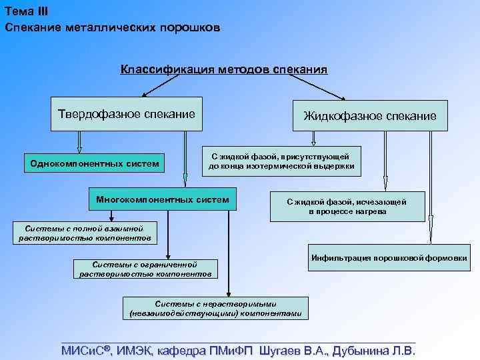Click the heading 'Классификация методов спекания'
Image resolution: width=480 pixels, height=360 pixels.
tap(224, 69)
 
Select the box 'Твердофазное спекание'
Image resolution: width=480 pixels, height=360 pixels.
tap(127, 114)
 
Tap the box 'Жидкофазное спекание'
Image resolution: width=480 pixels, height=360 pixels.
tap(370, 115)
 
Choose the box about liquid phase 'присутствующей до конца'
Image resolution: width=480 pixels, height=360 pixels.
tap(281, 161)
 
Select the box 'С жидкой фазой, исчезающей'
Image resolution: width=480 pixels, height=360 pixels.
tap(347, 206)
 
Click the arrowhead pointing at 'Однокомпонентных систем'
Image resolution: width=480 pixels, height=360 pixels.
tap(80, 150)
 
